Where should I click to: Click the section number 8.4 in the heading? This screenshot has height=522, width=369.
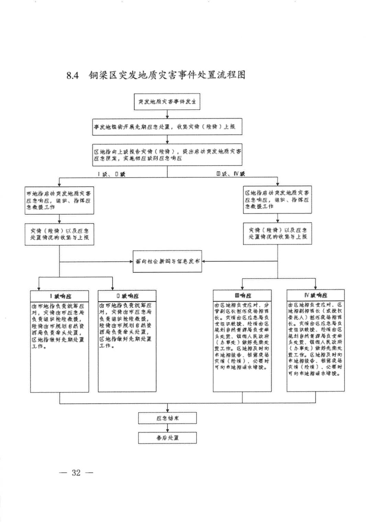(72, 75)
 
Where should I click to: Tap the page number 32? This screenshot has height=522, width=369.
(76, 473)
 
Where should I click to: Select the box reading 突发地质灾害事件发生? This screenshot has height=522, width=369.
(167, 102)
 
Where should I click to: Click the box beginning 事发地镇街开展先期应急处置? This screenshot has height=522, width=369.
(167, 126)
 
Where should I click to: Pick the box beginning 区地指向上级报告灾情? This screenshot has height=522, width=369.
(167, 155)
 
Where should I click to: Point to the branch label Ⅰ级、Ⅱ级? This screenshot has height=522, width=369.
(112, 174)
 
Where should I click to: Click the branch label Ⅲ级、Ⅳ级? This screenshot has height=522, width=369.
(231, 174)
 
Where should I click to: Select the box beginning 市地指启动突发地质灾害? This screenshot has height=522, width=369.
(59, 200)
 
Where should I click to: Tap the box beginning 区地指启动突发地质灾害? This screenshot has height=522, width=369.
(277, 200)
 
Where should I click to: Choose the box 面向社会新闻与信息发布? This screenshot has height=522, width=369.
(167, 262)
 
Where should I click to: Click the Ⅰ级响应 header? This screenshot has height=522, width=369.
(59, 296)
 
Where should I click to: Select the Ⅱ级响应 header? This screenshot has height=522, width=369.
(127, 296)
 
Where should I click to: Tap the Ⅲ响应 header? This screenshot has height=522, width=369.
(242, 295)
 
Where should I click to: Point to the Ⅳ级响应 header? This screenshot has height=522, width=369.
(315, 295)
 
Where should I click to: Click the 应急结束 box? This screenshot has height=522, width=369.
(167, 418)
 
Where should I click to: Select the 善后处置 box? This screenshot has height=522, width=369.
(167, 438)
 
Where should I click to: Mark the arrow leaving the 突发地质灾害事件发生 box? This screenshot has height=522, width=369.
(167, 114)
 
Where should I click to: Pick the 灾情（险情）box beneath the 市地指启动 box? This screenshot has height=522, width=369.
(59, 234)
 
